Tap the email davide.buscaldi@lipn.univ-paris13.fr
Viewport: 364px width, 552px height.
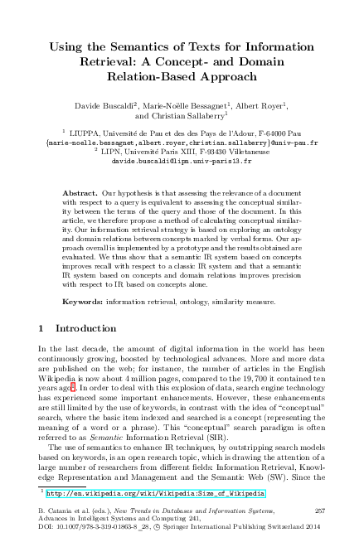pyautogui.click(x=182, y=162)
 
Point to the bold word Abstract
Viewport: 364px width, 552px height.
pyautogui.click(x=79, y=191)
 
